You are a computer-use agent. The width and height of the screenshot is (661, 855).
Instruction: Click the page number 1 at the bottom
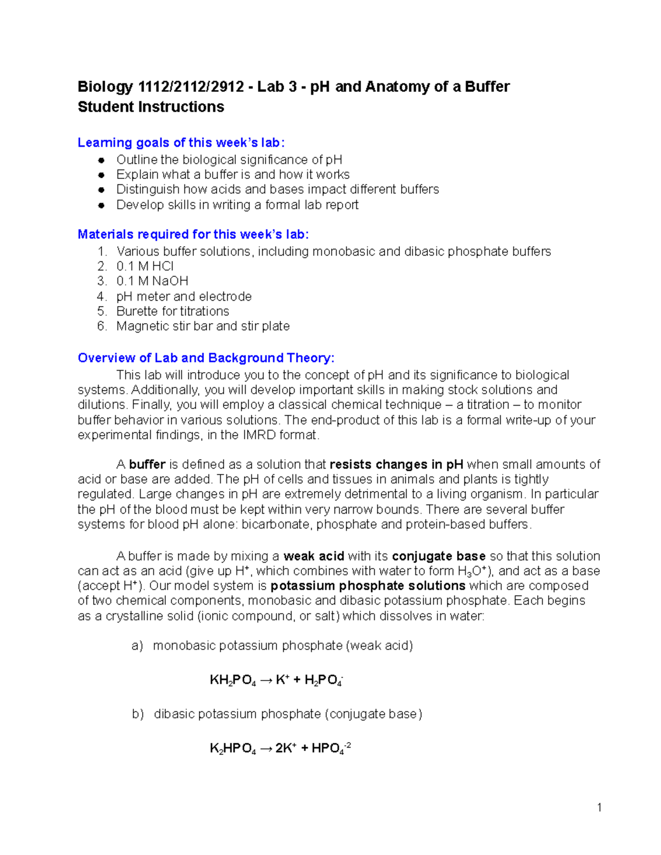(599, 808)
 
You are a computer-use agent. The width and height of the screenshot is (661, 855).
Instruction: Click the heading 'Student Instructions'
(151, 107)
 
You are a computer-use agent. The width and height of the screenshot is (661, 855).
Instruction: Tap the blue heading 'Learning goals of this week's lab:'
(181, 143)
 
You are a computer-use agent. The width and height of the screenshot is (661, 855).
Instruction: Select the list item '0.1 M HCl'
(145, 266)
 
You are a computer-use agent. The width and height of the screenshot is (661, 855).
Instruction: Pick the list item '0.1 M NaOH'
(152, 281)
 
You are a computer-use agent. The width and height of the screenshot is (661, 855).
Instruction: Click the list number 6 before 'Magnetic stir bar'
(101, 326)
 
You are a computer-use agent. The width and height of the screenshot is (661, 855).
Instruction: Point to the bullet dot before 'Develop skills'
(101, 205)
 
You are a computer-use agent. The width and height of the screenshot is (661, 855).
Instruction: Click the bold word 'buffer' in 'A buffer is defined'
(147, 465)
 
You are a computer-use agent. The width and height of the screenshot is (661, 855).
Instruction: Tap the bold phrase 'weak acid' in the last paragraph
(313, 556)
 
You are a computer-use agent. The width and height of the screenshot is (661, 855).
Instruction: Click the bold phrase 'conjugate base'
(438, 556)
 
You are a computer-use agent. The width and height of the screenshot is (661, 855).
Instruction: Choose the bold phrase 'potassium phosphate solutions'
(368, 586)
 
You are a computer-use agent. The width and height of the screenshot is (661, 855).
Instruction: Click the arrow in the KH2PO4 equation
(266, 680)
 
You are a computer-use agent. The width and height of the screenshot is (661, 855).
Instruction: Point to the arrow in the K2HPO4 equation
(266, 748)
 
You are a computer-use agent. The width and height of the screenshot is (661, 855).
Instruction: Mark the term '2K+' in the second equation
(286, 748)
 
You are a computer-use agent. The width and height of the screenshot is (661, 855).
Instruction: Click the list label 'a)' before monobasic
(137, 646)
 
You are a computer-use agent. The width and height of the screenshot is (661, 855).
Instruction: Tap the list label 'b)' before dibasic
(138, 714)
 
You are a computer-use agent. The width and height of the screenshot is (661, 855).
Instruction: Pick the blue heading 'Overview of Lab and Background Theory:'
(206, 358)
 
